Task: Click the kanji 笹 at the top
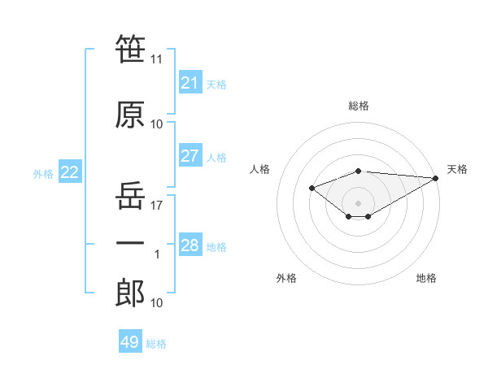point(130,49)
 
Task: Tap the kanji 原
point(130,115)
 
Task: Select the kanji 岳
point(130,195)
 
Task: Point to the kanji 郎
point(130,293)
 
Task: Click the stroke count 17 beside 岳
point(156,206)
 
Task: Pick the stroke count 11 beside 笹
point(156,59)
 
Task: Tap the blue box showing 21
point(190,82)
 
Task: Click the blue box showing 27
point(190,155)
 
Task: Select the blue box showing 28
point(190,244)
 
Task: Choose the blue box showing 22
point(70,171)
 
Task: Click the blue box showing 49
point(130,341)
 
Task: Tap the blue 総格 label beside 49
point(156,344)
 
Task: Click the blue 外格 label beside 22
point(43,174)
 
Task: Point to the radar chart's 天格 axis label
point(457,169)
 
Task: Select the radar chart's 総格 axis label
point(359,106)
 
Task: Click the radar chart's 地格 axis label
point(426,278)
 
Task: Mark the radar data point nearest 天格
point(436,178)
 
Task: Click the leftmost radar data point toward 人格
point(312,188)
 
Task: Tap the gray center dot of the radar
point(358,203)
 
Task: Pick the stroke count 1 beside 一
point(157,254)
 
